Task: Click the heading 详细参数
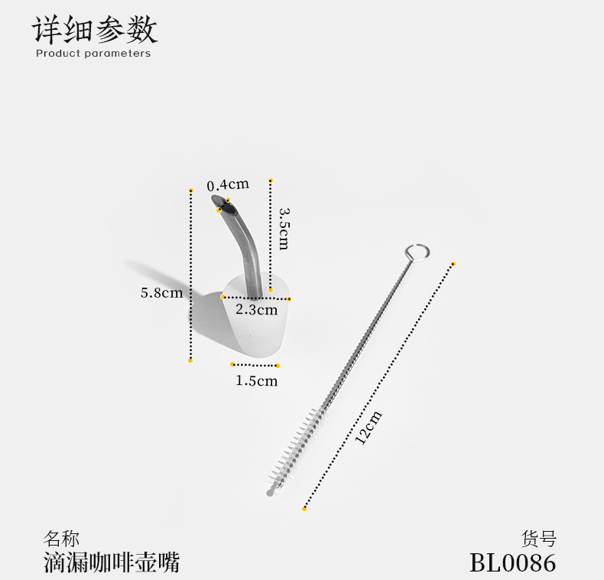pyautogui.click(x=95, y=29)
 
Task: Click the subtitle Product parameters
pyautogui.click(x=93, y=54)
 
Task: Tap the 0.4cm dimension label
pyautogui.click(x=229, y=185)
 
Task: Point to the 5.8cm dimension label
pyautogui.click(x=161, y=292)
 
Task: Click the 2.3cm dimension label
pyautogui.click(x=256, y=310)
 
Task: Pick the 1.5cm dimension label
pyautogui.click(x=256, y=380)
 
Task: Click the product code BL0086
pyautogui.click(x=512, y=563)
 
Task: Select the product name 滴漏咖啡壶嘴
pyautogui.click(x=112, y=563)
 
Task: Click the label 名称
pyautogui.click(x=61, y=539)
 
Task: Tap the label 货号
pyautogui.click(x=539, y=539)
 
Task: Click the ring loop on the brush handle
pyautogui.click(x=417, y=252)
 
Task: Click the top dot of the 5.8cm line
pyautogui.click(x=191, y=188)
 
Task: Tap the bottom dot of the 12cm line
pyautogui.click(x=304, y=508)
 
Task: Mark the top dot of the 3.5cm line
pyautogui.click(x=271, y=181)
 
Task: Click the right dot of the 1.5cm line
pyautogui.click(x=278, y=366)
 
